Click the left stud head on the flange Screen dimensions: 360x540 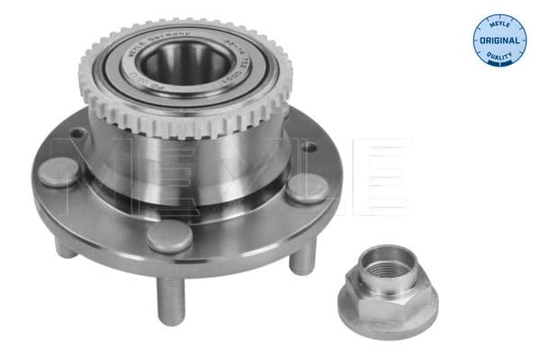(x=59, y=171)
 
